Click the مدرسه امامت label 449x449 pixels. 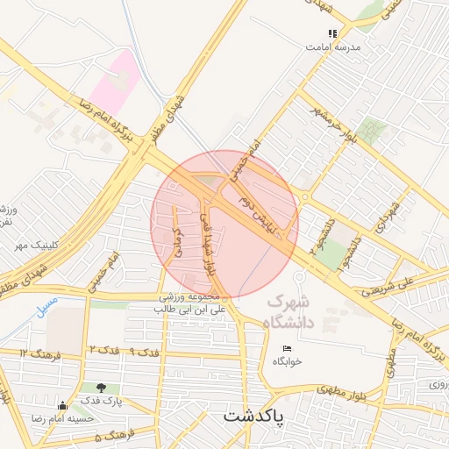(333, 46)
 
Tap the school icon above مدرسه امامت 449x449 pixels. (332, 33)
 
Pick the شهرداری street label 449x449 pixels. (383, 214)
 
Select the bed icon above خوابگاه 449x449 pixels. (287, 349)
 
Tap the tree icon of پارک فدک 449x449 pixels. (103, 387)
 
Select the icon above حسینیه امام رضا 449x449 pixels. (62, 405)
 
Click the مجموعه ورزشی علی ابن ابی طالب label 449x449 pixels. (191, 303)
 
